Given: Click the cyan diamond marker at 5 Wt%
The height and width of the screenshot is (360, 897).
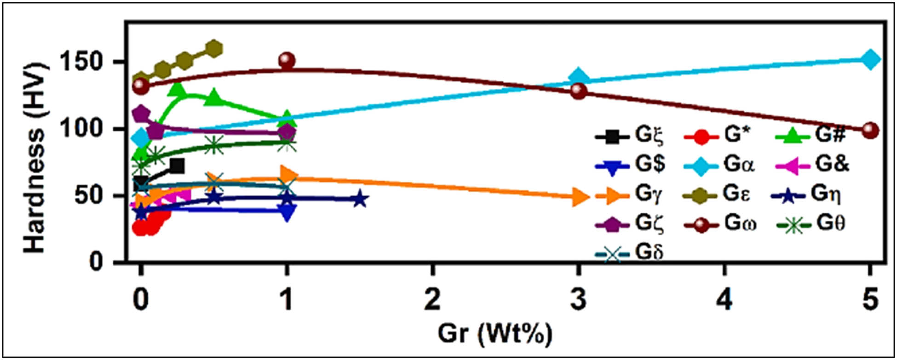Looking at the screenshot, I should pos(870,59).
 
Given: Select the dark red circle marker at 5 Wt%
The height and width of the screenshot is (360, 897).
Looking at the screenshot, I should pos(870,131).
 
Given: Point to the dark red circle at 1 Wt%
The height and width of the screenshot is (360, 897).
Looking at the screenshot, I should pos(287,60).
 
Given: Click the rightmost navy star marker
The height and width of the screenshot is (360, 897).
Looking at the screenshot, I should pos(360,200).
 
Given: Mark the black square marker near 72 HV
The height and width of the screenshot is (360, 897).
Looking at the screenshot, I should pos(177,166).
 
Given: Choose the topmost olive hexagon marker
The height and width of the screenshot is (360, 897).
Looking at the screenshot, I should pos(214,48).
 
